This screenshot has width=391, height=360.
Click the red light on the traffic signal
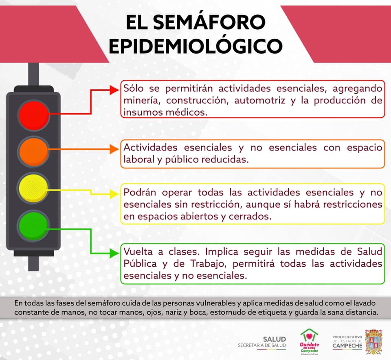point(34,115)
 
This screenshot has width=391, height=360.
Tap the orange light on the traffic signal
point(34,151)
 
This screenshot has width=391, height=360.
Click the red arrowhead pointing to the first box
point(114,90)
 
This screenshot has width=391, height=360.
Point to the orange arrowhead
point(114,149)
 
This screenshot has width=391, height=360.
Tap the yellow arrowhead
point(114,194)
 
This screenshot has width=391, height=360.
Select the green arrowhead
point(114,253)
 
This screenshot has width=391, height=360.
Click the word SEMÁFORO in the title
point(209,22)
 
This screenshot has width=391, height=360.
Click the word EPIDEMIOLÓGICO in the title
point(196,46)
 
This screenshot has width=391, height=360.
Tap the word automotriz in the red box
point(259,101)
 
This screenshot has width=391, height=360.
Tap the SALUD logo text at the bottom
point(274,339)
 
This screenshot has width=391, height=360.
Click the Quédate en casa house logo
point(309,341)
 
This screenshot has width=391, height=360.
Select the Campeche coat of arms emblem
point(373,342)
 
